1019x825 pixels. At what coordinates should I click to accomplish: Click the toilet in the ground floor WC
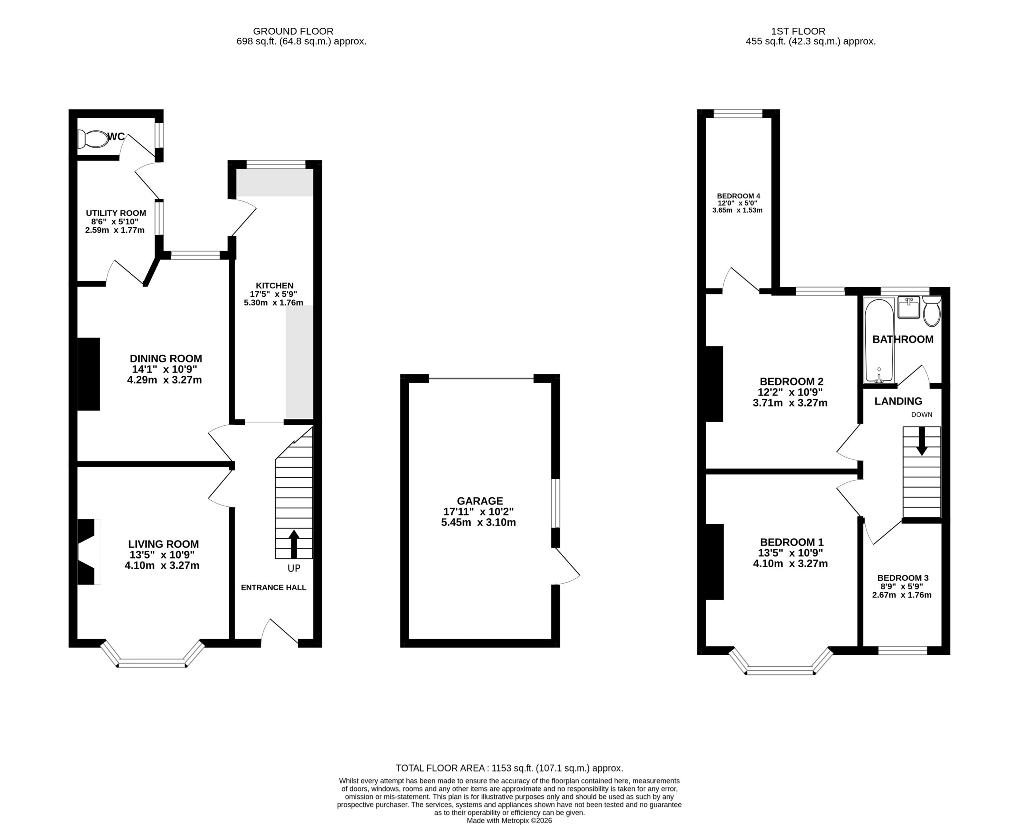point(93,139)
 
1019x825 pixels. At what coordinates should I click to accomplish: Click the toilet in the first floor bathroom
point(931,311)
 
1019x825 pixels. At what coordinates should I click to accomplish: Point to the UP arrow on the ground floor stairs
point(294,544)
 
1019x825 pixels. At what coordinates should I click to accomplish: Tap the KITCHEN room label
point(274,286)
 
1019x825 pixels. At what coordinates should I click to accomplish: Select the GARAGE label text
point(480,501)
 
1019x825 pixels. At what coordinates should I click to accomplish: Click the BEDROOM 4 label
point(738,196)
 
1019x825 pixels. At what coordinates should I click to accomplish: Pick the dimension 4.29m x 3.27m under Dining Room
point(164,380)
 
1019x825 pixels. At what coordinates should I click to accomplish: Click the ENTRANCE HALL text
point(273,588)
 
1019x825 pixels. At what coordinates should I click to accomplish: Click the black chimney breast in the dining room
point(88,374)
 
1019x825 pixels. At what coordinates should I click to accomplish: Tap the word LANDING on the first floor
point(898,401)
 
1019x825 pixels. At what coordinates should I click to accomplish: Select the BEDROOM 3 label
point(902,578)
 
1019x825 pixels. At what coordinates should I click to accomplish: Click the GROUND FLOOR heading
point(293,31)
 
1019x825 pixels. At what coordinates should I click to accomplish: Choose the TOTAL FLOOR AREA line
point(509,768)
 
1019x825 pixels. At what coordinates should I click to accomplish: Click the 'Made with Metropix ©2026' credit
point(509,821)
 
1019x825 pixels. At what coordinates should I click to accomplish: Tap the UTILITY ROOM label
point(116,213)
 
